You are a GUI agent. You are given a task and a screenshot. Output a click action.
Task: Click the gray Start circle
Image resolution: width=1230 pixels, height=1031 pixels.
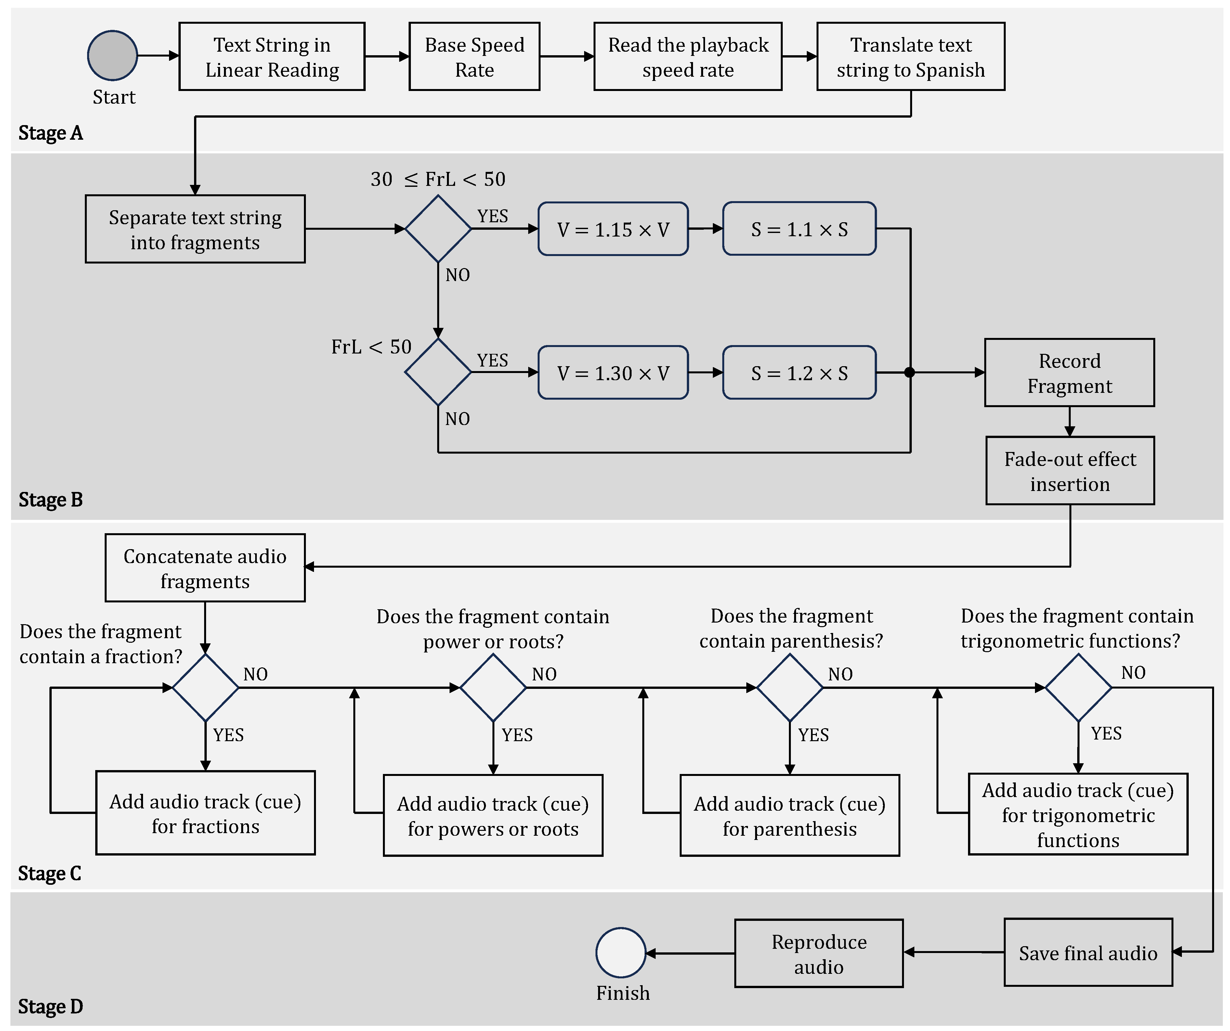coord(112,56)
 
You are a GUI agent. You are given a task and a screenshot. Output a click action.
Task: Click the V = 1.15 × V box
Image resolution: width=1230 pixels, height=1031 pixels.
coord(613,229)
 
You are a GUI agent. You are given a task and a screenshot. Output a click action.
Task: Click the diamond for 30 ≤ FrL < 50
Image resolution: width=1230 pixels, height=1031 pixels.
coord(438,229)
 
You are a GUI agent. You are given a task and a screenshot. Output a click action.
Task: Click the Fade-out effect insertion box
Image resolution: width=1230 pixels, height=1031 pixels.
coord(1069,471)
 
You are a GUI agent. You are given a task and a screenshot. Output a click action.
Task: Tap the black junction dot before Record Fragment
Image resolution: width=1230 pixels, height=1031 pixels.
coord(909,372)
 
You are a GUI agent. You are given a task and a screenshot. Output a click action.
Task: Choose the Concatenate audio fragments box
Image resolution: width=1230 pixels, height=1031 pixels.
coord(205,568)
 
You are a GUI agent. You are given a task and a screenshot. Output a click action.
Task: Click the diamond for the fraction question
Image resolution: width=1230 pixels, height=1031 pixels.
coord(205,687)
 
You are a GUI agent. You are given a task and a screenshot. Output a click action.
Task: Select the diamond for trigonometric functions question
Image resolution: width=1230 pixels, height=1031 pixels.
coord(1078,687)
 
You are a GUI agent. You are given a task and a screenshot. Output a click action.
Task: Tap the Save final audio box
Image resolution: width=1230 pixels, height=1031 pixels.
coord(1088,953)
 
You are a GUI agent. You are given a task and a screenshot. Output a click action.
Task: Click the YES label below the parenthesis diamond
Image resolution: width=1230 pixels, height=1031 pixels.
coord(813,735)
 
